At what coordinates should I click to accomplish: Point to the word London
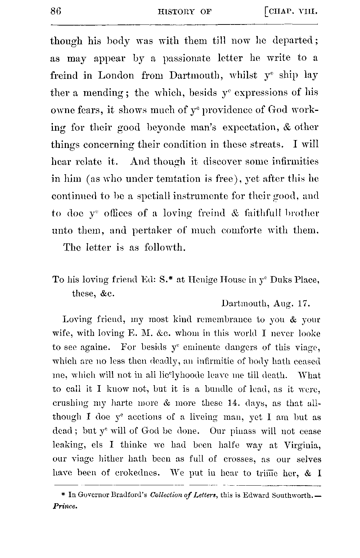click(x=116, y=76)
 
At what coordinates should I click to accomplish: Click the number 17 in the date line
click(x=302, y=303)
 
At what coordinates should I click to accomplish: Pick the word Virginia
click(x=301, y=446)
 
